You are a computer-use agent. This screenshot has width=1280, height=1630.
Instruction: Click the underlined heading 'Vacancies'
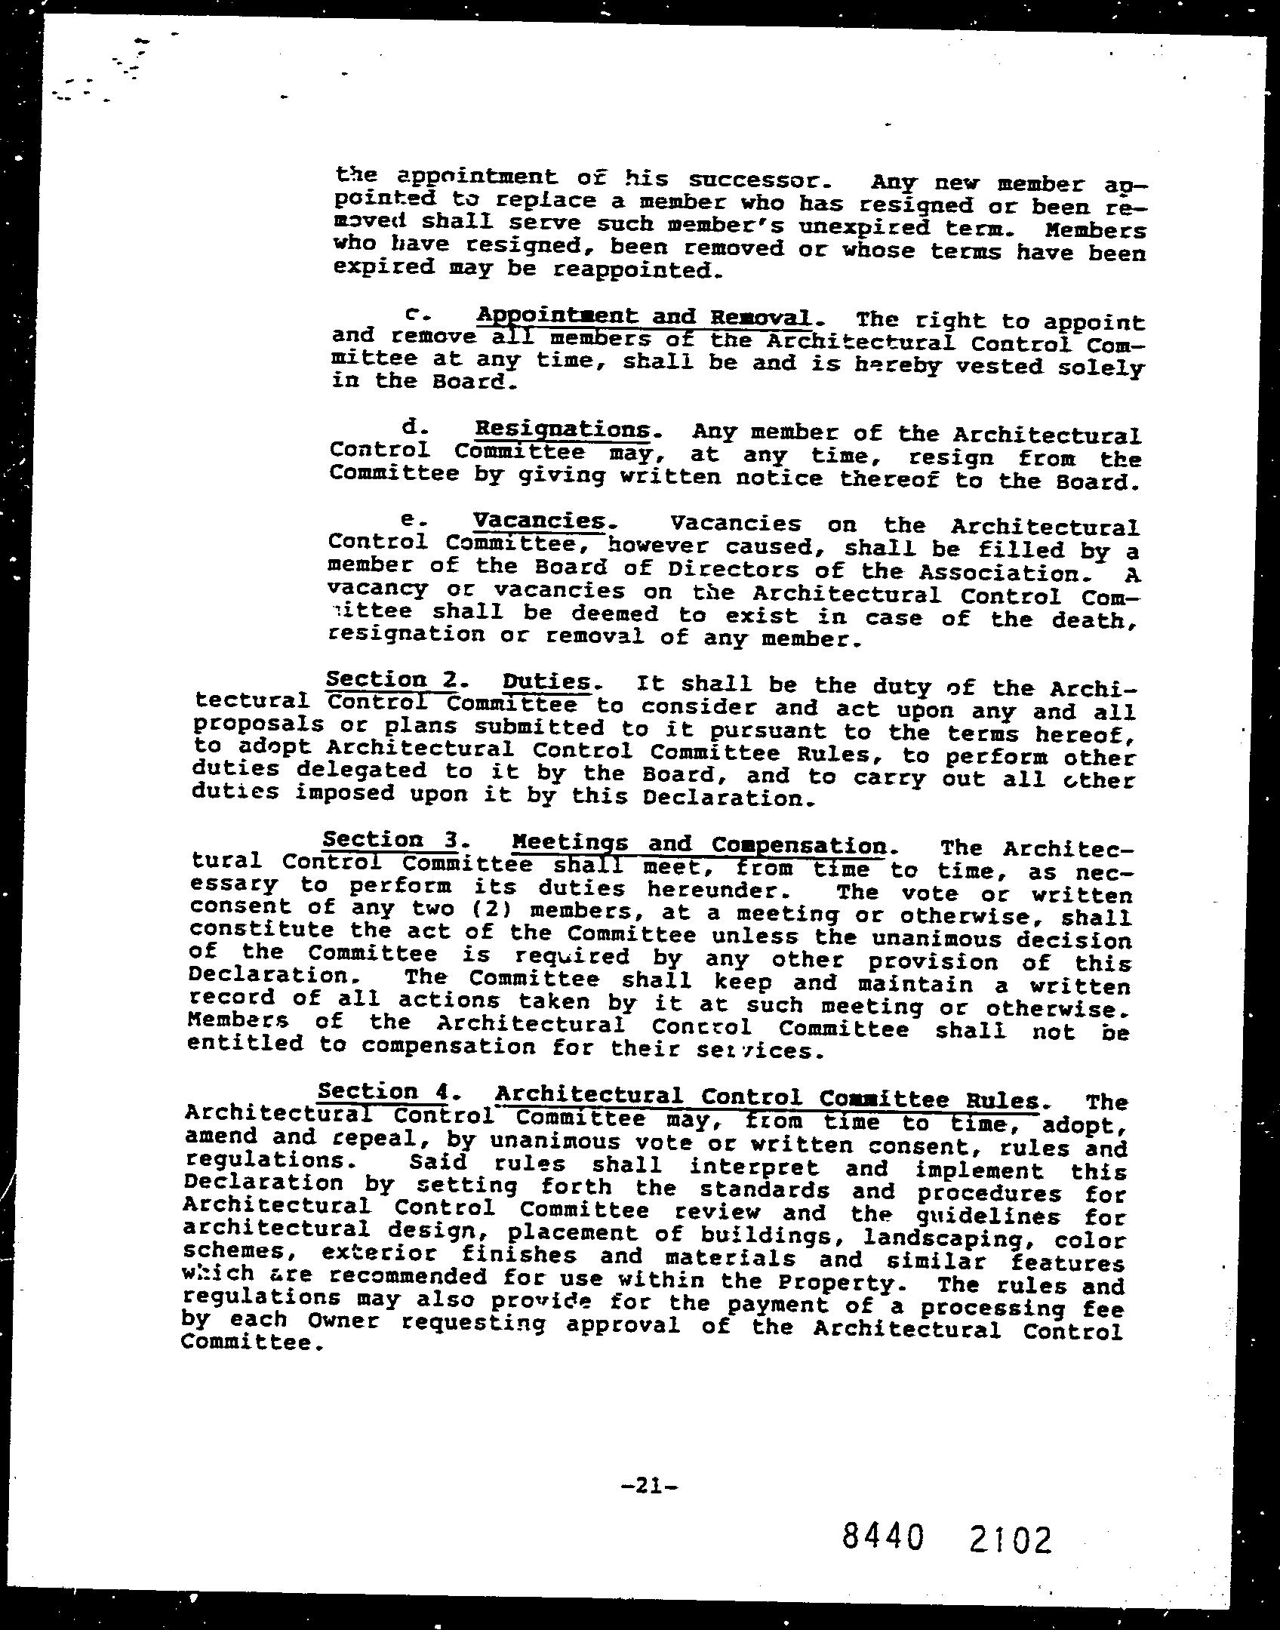coord(540,521)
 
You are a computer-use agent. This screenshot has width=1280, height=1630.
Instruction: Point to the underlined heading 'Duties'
coord(547,682)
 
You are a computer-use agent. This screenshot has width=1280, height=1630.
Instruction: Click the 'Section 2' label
coord(391,679)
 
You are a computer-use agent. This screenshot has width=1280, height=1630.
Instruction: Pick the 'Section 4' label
coord(386,1091)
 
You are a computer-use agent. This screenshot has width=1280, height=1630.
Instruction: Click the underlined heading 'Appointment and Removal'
coord(645,316)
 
